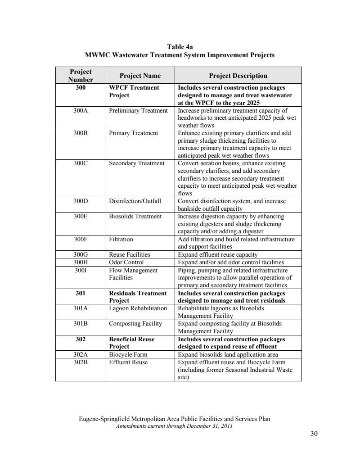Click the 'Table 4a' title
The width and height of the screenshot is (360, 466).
click(x=180, y=46)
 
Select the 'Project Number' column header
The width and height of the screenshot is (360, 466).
click(x=81, y=75)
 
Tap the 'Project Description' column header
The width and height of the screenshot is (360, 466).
click(x=238, y=76)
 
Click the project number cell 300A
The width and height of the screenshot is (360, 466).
click(x=81, y=110)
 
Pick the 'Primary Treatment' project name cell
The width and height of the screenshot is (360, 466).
click(x=133, y=133)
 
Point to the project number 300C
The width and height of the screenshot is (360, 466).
click(x=81, y=163)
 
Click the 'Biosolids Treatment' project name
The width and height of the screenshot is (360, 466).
click(x=135, y=217)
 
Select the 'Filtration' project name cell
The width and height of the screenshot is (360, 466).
click(x=121, y=240)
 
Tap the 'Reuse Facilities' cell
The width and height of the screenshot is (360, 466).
click(x=130, y=254)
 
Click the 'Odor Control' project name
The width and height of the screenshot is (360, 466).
click(x=126, y=262)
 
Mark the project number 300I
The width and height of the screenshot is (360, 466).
click(x=81, y=270)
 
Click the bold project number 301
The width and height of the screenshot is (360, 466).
click(x=81, y=293)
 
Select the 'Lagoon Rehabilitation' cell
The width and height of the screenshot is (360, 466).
click(x=138, y=308)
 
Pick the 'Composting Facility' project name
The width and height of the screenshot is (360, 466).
click(x=135, y=324)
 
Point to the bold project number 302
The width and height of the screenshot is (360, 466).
click(x=81, y=339)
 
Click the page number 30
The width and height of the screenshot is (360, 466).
click(x=314, y=434)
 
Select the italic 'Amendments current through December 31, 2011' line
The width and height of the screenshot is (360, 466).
click(x=174, y=425)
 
